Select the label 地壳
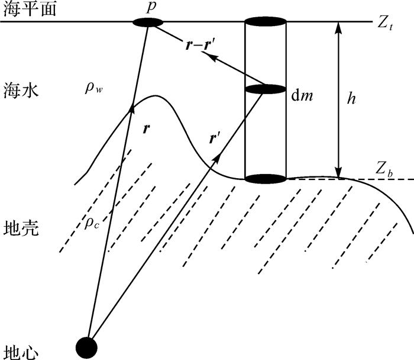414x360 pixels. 21,228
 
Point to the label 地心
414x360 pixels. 21,350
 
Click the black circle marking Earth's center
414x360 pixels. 88,345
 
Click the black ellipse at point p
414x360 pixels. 147,22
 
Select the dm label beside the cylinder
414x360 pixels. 303,95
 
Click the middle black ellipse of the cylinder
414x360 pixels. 266,90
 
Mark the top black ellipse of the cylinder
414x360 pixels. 266,22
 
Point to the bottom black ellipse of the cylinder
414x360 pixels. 266,178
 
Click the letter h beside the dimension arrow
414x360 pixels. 351,99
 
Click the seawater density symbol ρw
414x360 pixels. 94,89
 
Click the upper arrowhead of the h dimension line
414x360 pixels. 339,27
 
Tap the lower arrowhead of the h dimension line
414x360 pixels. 339,172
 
